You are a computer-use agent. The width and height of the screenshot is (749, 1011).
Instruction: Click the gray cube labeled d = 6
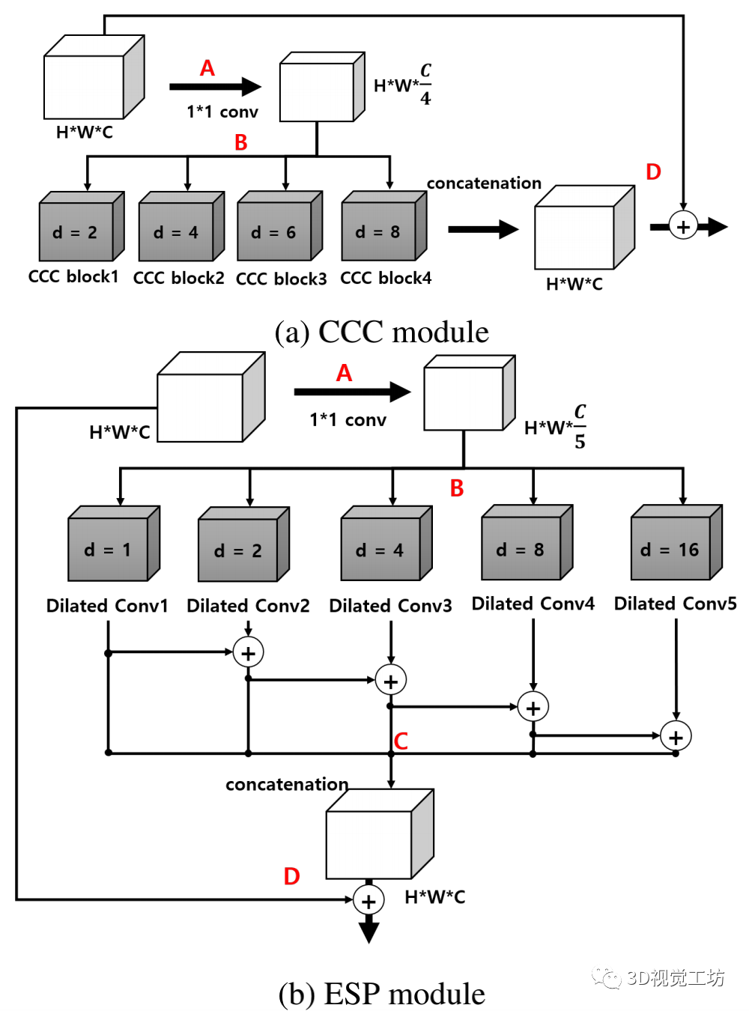(x=279, y=225)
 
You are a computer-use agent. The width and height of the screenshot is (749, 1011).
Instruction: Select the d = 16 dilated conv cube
(x=676, y=542)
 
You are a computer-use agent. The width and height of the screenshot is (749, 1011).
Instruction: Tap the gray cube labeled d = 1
(x=114, y=544)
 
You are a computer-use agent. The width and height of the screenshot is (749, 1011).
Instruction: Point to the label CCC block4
(x=386, y=278)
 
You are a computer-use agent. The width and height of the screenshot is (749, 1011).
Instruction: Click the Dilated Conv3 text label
(x=390, y=605)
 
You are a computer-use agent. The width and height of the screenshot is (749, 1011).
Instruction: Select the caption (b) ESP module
(x=381, y=993)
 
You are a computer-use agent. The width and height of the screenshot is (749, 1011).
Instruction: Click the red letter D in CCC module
(x=653, y=171)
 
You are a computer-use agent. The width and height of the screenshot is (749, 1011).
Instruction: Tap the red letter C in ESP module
(x=400, y=741)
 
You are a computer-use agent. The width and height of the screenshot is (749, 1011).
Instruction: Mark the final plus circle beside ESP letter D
(x=368, y=899)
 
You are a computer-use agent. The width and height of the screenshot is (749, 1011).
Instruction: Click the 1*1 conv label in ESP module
(x=348, y=419)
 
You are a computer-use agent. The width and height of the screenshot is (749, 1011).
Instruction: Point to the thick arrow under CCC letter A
(x=215, y=87)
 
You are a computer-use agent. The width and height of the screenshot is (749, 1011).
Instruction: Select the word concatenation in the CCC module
(x=484, y=183)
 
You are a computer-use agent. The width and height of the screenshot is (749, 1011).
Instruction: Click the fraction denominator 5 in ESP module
(x=579, y=441)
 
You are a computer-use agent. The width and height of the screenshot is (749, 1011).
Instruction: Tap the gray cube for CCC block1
(x=82, y=225)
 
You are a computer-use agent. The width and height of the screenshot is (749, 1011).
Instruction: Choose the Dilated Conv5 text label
(x=675, y=603)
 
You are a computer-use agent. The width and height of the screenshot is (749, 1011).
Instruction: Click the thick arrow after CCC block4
(x=483, y=229)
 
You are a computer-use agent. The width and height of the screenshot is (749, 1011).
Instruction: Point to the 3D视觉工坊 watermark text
(x=675, y=977)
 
